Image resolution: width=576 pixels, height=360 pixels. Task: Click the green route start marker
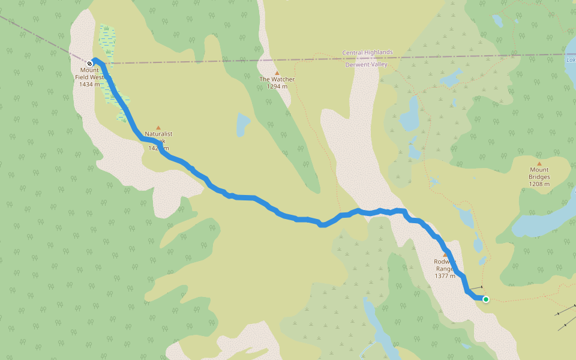485,299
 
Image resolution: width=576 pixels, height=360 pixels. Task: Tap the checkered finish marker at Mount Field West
89,63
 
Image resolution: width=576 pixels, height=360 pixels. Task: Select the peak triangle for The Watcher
277,73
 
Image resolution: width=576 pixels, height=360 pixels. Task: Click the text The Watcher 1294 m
277,83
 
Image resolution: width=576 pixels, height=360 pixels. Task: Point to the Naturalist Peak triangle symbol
158,127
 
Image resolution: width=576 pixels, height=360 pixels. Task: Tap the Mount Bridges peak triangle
539,163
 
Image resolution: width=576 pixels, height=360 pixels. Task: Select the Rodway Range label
445,265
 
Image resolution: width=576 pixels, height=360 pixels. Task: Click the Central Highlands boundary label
367,53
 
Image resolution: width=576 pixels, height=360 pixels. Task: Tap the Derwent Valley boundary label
367,65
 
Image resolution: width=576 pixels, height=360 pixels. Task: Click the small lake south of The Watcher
242,124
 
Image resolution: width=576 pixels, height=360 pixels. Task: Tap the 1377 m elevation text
445,276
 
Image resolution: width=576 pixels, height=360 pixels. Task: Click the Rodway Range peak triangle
445,254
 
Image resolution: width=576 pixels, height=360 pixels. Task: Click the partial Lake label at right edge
571,59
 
